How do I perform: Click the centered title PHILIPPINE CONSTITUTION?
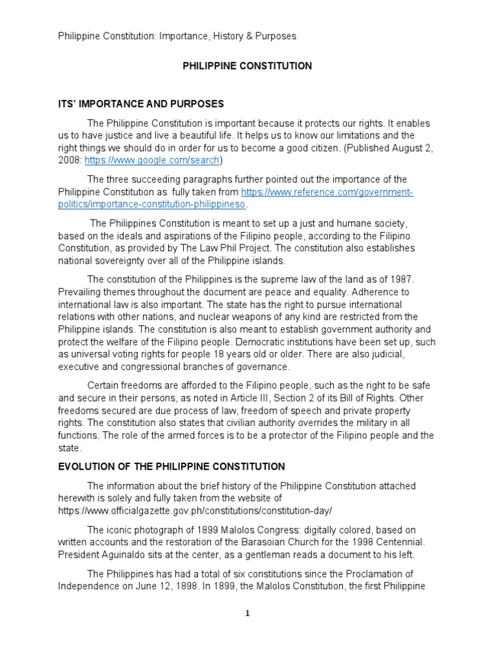coord(247,66)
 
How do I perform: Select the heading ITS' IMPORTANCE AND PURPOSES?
coord(141,104)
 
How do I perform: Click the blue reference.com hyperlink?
coord(327,193)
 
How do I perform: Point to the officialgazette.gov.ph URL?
coord(195,510)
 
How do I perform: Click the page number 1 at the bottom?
coord(247,614)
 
